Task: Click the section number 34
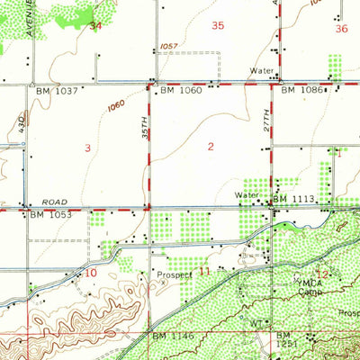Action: (x=96, y=26)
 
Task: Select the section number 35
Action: (x=217, y=26)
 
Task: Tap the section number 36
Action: (x=340, y=29)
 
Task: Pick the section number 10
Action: (x=92, y=272)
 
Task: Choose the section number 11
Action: (x=204, y=270)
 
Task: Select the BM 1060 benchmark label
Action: (x=179, y=91)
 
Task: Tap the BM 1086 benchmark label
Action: (x=300, y=91)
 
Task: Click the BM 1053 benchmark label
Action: (x=49, y=215)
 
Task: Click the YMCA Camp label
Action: (x=310, y=287)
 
